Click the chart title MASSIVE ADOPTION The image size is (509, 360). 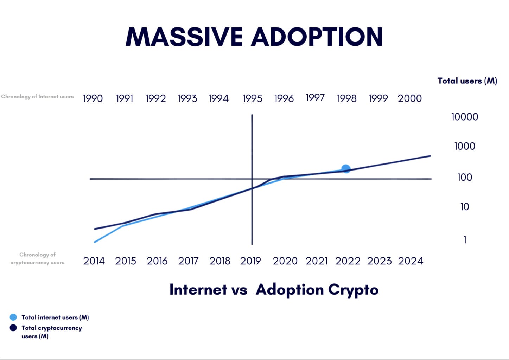pyautogui.click(x=254, y=37)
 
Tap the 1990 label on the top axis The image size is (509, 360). pyautogui.click(x=93, y=98)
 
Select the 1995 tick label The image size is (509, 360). pyautogui.click(x=253, y=98)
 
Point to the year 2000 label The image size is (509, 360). pyautogui.click(x=409, y=98)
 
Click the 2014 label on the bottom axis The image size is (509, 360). pyautogui.click(x=94, y=261)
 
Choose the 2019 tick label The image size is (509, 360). pyautogui.click(x=250, y=261)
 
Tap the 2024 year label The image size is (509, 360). pyautogui.click(x=411, y=261)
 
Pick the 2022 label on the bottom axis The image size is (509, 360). pyautogui.click(x=348, y=261)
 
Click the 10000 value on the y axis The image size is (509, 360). pyautogui.click(x=465, y=117)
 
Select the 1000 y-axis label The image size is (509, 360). pyautogui.click(x=465, y=146)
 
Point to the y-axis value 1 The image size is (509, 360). pyautogui.click(x=465, y=240)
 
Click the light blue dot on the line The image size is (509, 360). pyautogui.click(x=346, y=169)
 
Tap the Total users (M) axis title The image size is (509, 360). pyautogui.click(x=467, y=81)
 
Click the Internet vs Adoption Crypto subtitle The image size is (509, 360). pyautogui.click(x=274, y=289)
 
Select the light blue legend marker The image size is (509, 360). pyautogui.click(x=13, y=317)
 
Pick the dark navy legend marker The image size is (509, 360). pyautogui.click(x=13, y=328)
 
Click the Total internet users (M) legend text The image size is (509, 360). pyautogui.click(x=55, y=317)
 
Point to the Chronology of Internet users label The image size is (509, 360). pyautogui.click(x=37, y=96)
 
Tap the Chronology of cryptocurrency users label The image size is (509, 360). pyautogui.click(x=37, y=258)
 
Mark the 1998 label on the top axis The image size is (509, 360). pyautogui.click(x=347, y=98)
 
